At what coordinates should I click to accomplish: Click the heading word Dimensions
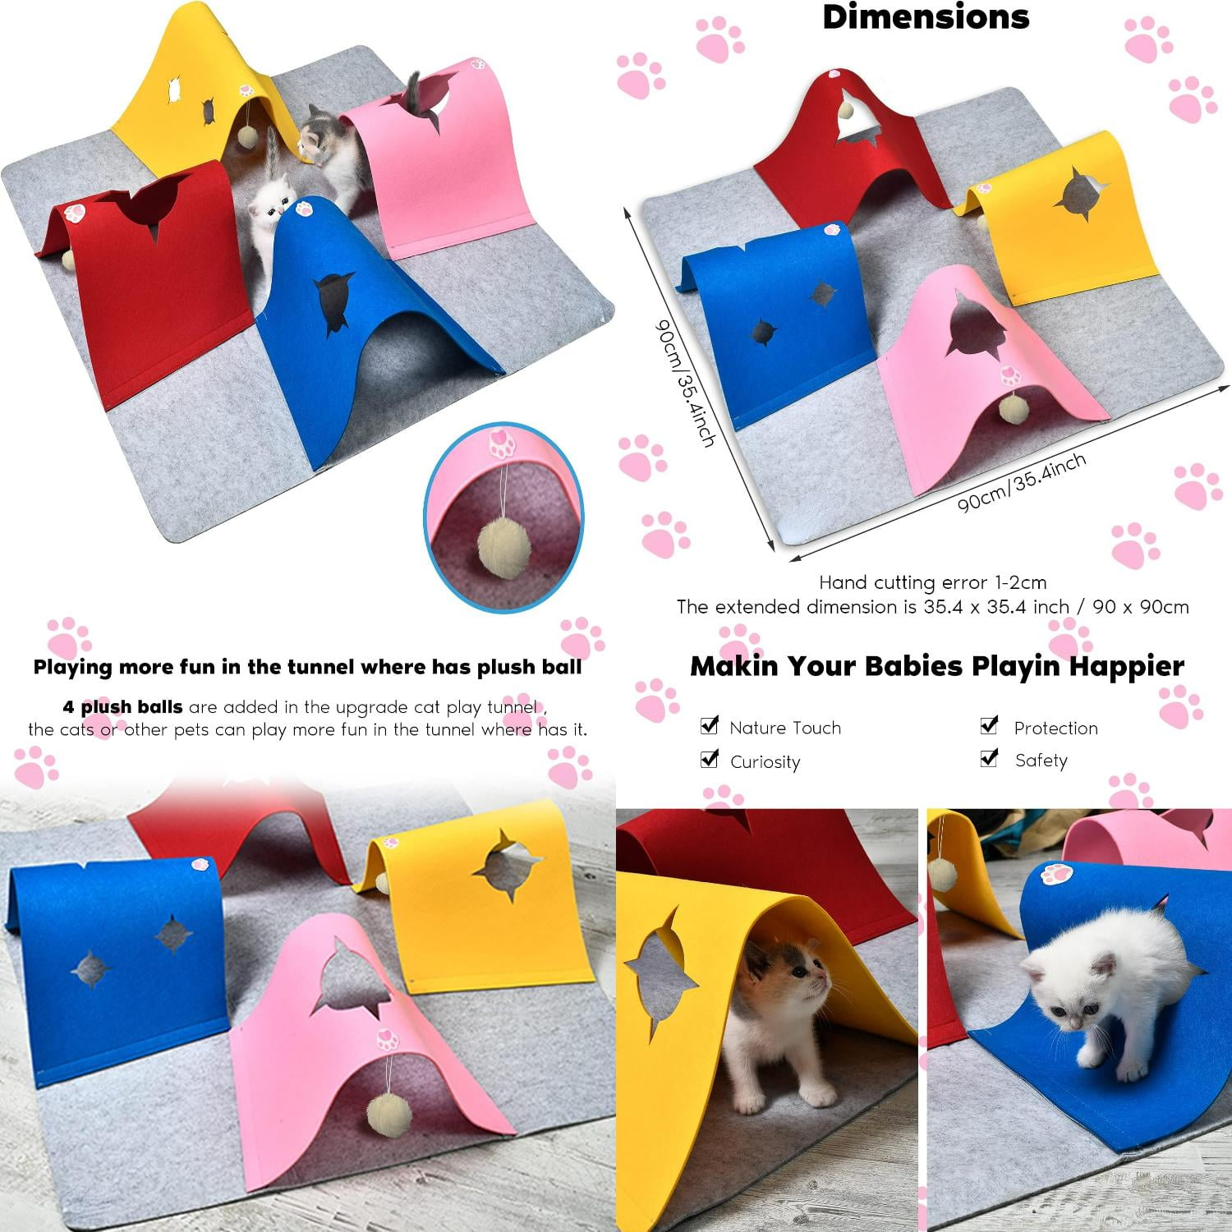coord(926,17)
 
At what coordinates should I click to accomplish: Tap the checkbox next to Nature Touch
coord(710,725)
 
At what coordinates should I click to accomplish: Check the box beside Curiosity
coord(710,759)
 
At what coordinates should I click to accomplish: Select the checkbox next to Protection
coord(990,725)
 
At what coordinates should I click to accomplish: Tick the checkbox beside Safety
coord(990,758)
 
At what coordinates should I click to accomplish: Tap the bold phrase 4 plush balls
coord(122,707)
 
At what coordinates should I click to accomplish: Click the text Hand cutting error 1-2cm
coord(932,583)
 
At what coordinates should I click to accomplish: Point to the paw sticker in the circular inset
coord(499,444)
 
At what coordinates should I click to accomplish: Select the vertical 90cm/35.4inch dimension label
coord(684,382)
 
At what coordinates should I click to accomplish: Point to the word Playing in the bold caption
coord(72,667)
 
